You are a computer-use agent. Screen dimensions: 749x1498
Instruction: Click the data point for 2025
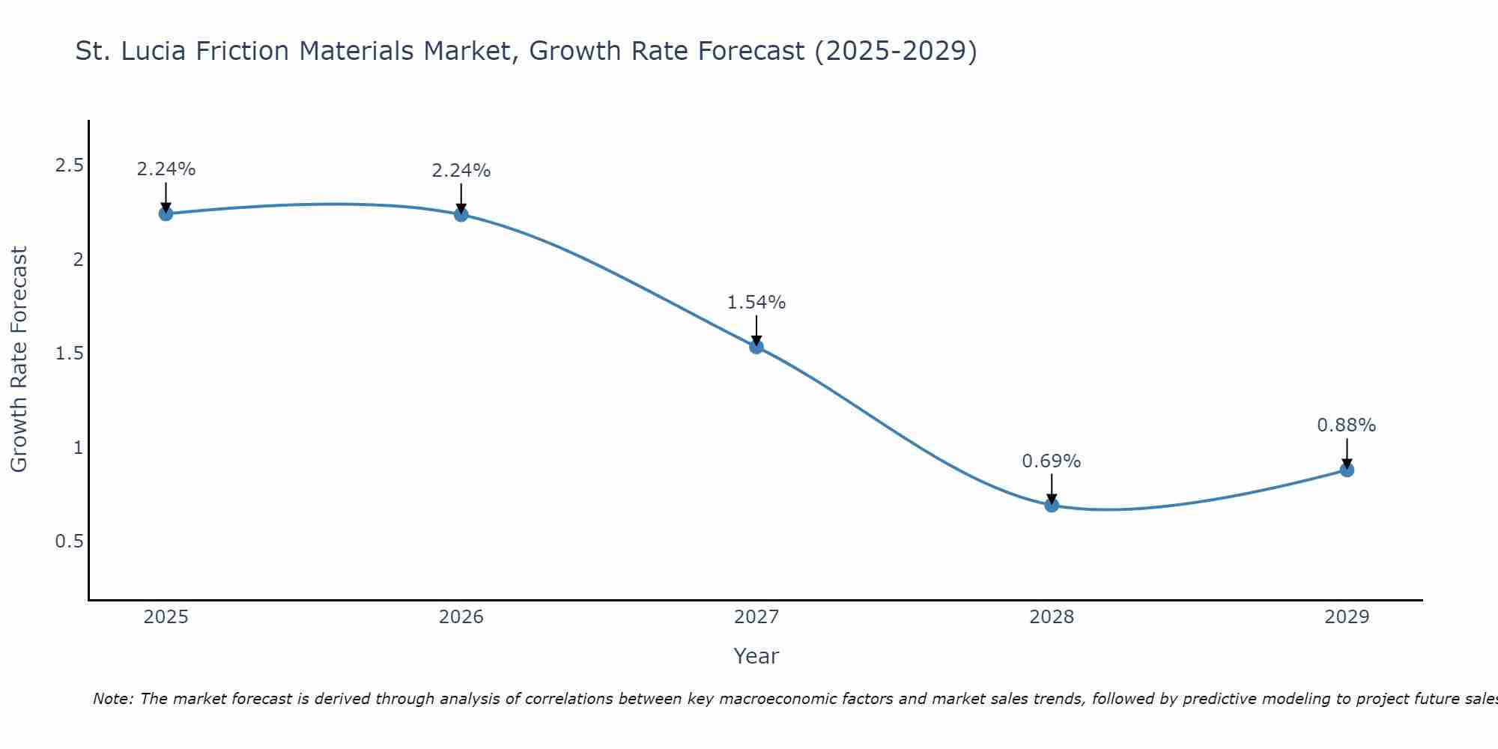(x=166, y=213)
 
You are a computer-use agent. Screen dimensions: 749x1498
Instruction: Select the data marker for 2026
(x=461, y=214)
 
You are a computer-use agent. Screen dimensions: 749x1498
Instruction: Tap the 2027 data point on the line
(x=756, y=346)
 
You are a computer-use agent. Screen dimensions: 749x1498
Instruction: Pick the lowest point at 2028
(x=1052, y=505)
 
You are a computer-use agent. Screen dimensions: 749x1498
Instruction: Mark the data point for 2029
(x=1347, y=470)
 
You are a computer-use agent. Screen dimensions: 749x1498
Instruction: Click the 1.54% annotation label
(x=756, y=303)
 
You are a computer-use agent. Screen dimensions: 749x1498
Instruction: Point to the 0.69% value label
(x=1052, y=461)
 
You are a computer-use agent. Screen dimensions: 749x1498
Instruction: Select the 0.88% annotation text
(x=1347, y=425)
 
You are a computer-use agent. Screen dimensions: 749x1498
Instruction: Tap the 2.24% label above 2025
(x=166, y=169)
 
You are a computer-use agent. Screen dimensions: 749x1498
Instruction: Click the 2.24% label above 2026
(x=461, y=171)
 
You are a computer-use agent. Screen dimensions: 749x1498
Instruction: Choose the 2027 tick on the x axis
(x=756, y=617)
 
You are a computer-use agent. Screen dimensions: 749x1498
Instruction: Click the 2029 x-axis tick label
(x=1347, y=617)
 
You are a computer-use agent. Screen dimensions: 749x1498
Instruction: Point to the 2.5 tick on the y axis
(x=69, y=166)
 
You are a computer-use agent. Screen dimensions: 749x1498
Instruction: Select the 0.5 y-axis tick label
(x=69, y=541)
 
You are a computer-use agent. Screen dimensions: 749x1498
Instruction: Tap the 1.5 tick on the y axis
(x=69, y=354)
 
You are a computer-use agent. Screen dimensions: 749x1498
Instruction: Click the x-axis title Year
(x=756, y=656)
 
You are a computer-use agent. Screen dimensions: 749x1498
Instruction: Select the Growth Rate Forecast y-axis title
(x=19, y=360)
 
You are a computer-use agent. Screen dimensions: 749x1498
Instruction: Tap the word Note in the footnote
(x=112, y=699)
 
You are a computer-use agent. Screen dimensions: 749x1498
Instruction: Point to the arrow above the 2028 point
(x=1052, y=489)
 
